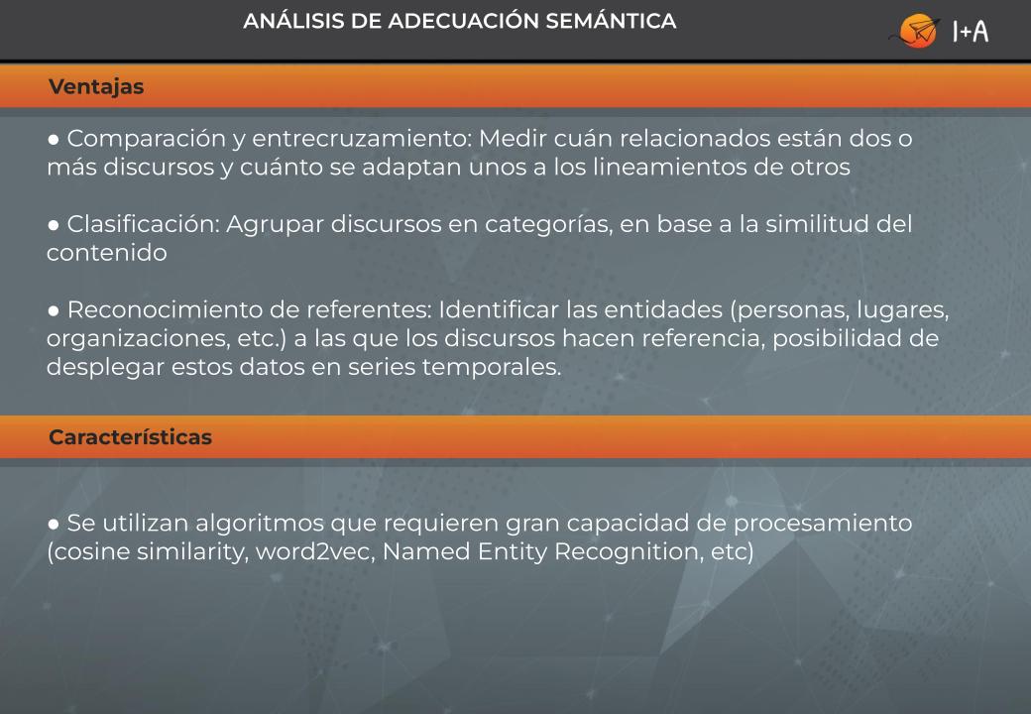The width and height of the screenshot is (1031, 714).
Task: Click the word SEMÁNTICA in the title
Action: [x=611, y=21]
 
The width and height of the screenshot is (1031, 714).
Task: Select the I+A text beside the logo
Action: [x=971, y=31]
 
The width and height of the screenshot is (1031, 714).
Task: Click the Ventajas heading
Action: [x=96, y=87]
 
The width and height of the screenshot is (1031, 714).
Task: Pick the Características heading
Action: [x=130, y=437]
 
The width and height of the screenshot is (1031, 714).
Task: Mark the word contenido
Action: [x=106, y=253]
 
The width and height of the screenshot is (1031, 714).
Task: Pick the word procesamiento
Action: [x=823, y=524]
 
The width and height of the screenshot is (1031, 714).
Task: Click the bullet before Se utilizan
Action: [x=54, y=524]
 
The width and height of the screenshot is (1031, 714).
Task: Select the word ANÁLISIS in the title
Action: [x=293, y=21]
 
